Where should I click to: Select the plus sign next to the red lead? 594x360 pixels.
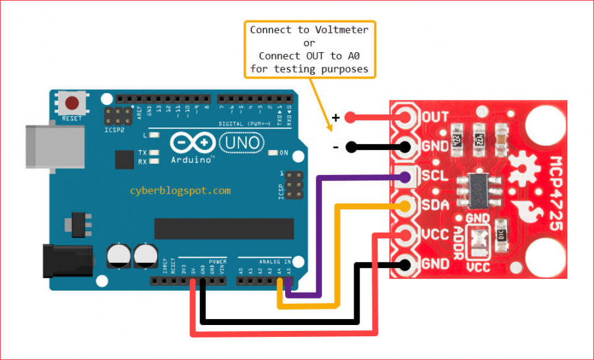pyautogui.click(x=336, y=118)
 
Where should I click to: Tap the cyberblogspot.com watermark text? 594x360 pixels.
pyautogui.click(x=180, y=190)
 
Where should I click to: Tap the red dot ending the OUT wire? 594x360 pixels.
pyautogui.click(x=350, y=118)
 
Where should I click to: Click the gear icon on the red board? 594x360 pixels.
pyautogui.click(x=525, y=163)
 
